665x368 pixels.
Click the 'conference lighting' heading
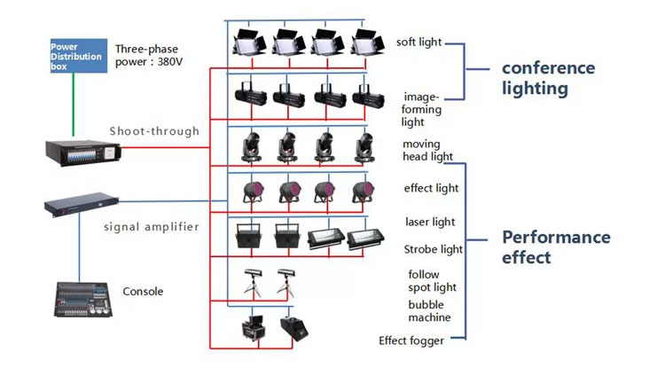click(x=536, y=78)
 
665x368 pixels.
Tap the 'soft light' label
click(x=419, y=42)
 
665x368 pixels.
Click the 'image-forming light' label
click(x=420, y=108)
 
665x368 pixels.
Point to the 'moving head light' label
click(x=427, y=150)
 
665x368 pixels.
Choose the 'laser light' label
click(x=430, y=222)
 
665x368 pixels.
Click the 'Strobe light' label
click(x=433, y=249)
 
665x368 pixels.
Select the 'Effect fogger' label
click(x=411, y=340)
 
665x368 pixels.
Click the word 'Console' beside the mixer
click(x=143, y=291)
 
